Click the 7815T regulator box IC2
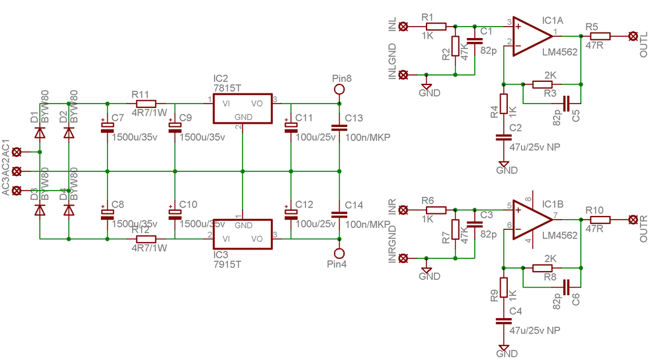242,108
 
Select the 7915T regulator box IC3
242,233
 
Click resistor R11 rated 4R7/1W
146,103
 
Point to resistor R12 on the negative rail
146,239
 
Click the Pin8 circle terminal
340,90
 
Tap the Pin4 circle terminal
340,251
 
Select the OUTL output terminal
632,36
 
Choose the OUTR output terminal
632,220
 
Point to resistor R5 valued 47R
600,36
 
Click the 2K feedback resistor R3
543,84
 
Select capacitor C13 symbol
340,127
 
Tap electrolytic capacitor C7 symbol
107,127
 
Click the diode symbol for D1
40,133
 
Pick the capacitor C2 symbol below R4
503,137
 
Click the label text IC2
220,78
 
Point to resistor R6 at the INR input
436,210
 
